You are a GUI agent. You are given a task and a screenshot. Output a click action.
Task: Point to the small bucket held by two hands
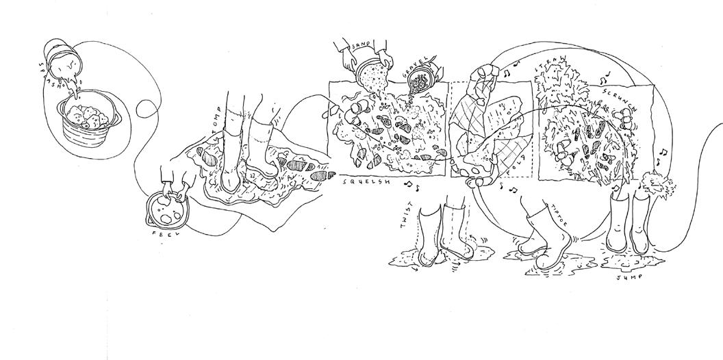tap(166, 209)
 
